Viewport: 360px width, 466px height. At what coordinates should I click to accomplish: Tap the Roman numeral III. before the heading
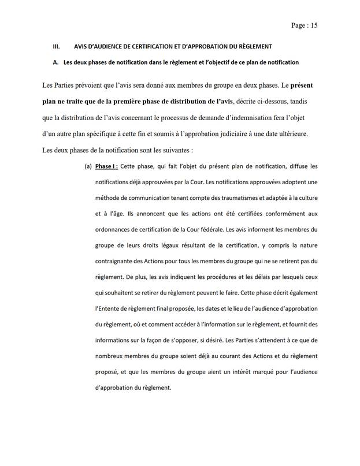[56, 46]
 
